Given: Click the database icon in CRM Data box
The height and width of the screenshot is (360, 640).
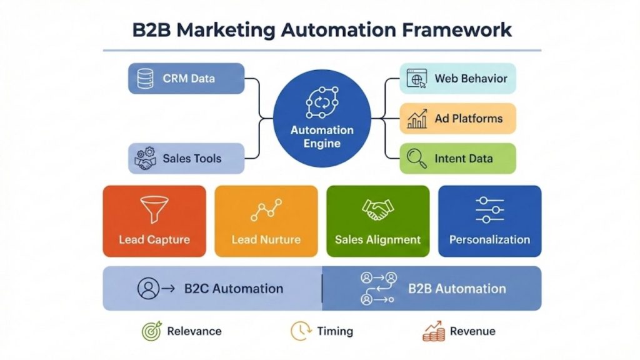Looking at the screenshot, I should (146, 79).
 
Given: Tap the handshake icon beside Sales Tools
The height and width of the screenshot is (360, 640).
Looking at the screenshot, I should (146, 159).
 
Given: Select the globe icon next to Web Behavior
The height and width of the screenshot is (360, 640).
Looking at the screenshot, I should (416, 79).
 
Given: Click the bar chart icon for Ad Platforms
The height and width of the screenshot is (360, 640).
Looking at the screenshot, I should (417, 119).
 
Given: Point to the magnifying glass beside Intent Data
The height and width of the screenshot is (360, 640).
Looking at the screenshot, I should (416, 159).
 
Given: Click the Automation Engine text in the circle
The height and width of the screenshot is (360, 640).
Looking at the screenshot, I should (322, 137).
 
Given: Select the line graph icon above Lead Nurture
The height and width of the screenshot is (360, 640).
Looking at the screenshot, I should (266, 210).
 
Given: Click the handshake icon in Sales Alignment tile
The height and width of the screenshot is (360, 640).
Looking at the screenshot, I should (377, 210).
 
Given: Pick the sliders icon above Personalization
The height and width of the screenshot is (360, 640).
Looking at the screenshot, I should (489, 210).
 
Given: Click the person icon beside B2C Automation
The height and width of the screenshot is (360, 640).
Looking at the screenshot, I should (149, 289).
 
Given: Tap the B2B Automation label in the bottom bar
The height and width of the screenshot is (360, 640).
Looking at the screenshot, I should (457, 289).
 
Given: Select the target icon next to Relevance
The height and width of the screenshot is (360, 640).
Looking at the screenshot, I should (152, 331).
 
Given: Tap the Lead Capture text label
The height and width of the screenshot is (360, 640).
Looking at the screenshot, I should (154, 240).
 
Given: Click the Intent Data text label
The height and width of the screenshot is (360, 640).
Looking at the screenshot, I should (463, 159).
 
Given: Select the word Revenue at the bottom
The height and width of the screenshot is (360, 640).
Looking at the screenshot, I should (472, 331).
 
